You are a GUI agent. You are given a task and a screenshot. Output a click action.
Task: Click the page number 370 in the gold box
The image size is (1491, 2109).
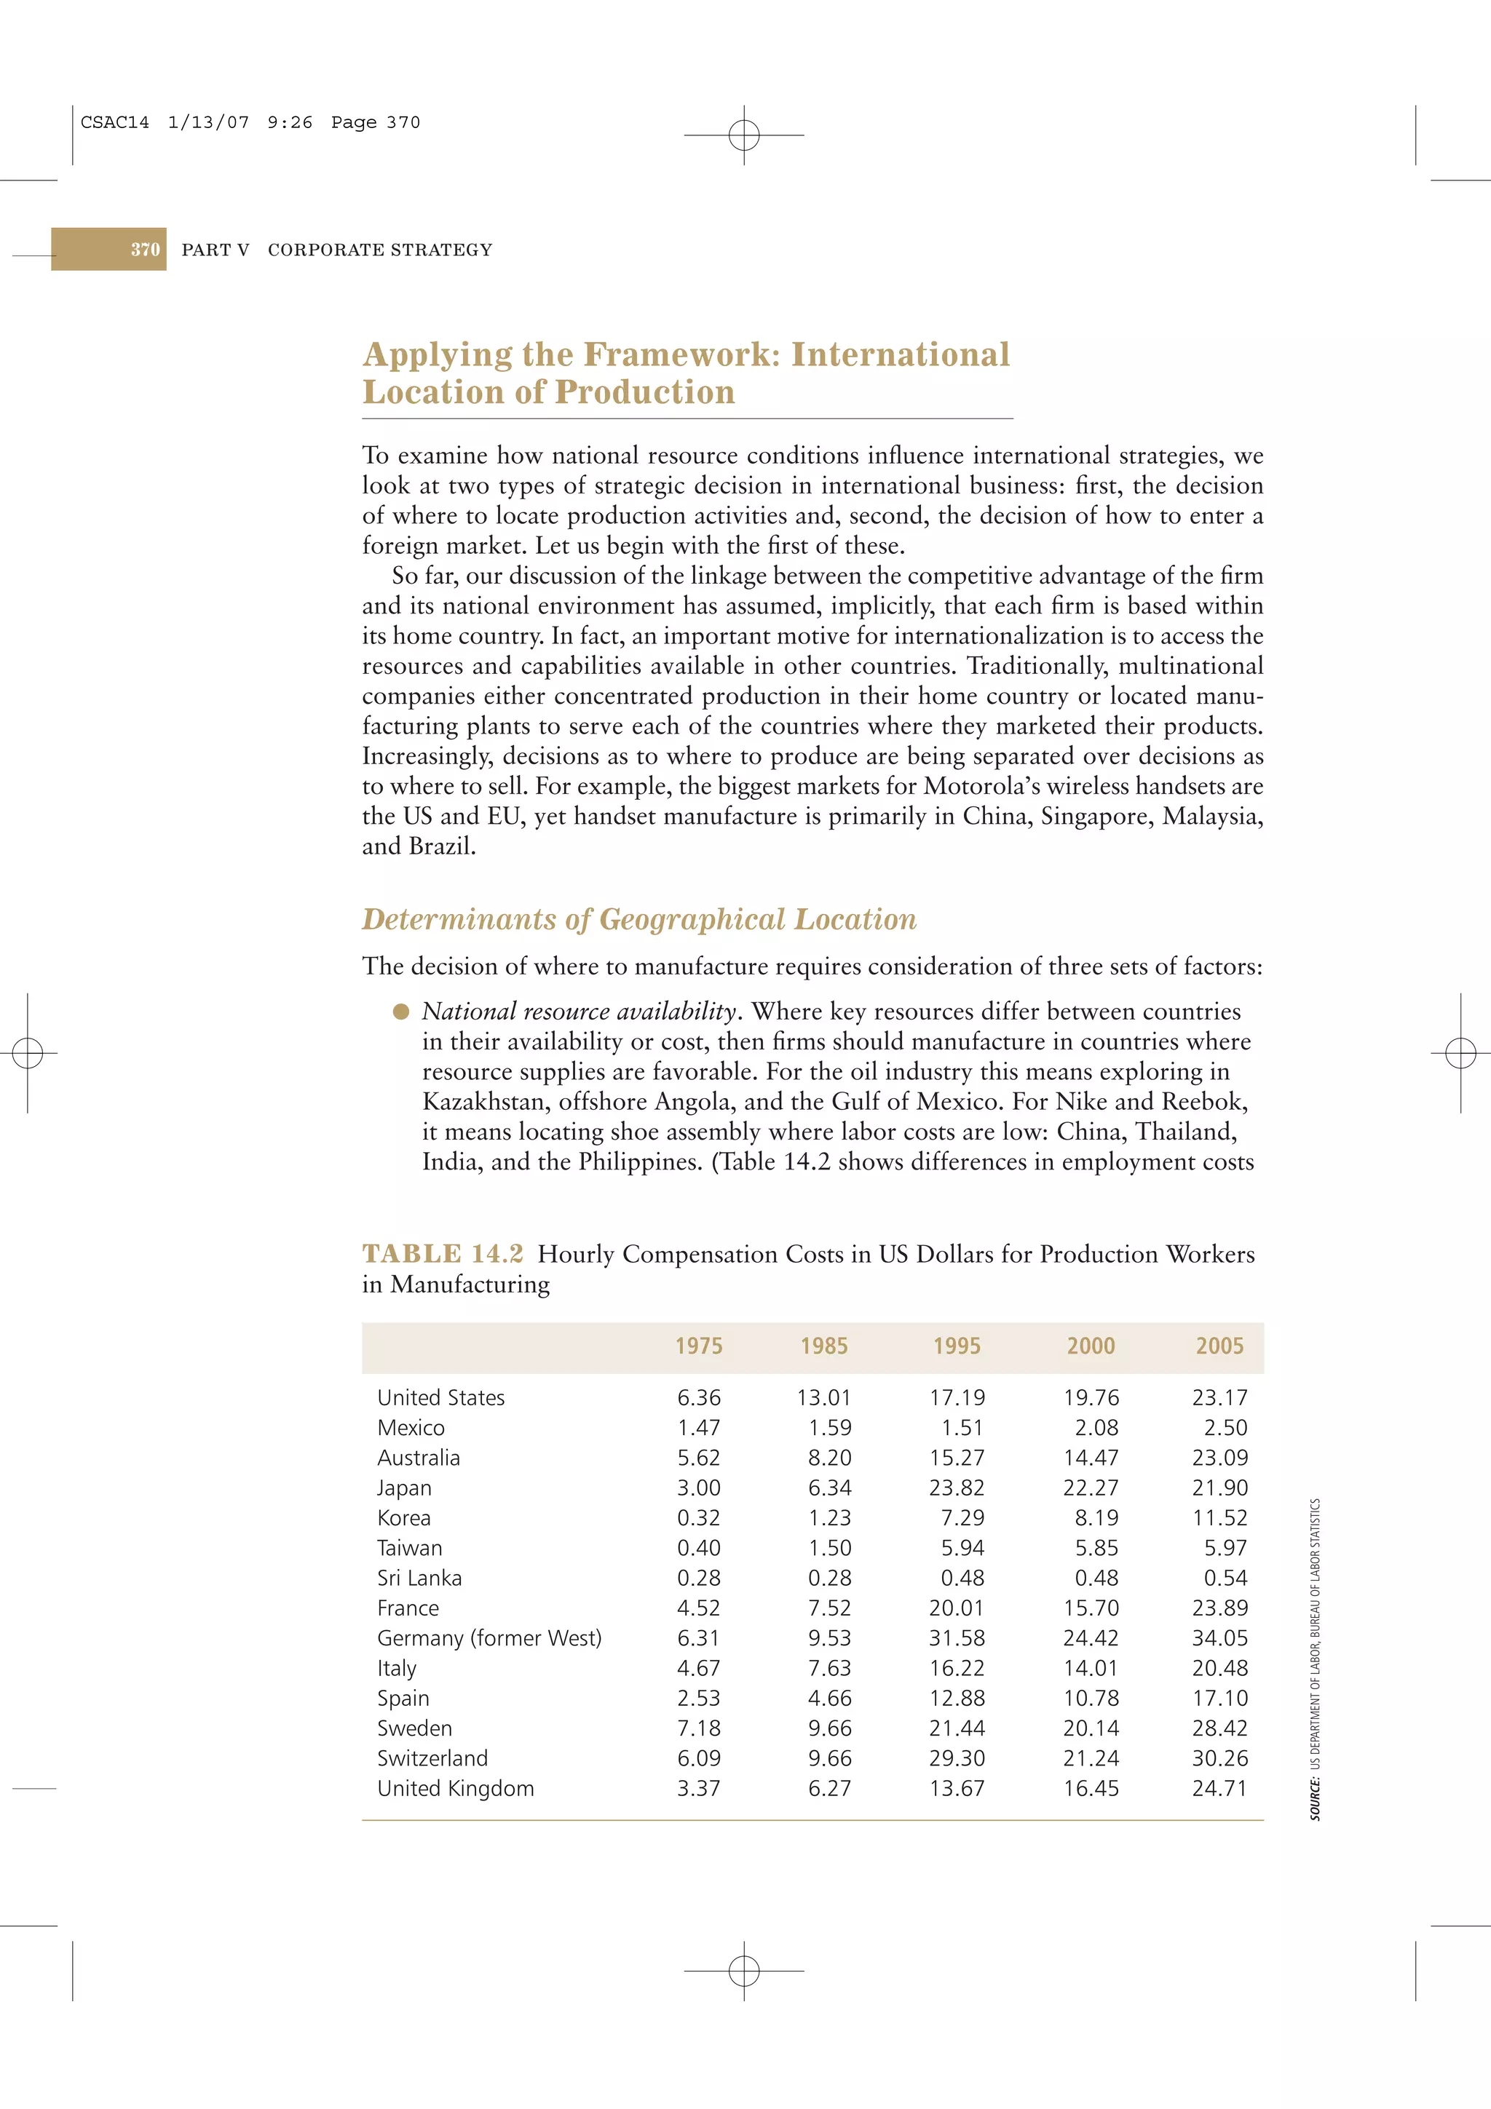pyautogui.click(x=145, y=249)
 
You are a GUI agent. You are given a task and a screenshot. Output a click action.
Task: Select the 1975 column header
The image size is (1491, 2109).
pyautogui.click(x=698, y=1346)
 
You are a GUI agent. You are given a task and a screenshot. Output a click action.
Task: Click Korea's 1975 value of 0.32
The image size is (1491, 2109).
pyautogui.click(x=698, y=1517)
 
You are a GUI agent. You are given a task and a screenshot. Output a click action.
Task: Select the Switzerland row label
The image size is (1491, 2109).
pyautogui.click(x=432, y=1758)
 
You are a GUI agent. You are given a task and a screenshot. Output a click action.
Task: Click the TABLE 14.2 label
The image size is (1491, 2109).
pyautogui.click(x=442, y=1254)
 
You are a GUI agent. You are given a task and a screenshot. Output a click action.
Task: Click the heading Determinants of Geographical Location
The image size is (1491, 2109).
pyautogui.click(x=638, y=919)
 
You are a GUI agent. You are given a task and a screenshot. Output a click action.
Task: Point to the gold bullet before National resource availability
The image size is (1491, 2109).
pyautogui.click(x=400, y=1012)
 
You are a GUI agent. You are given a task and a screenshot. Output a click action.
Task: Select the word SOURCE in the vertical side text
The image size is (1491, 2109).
pyautogui.click(x=1316, y=1800)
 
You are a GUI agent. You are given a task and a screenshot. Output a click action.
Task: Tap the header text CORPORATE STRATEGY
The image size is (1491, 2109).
pyautogui.click(x=379, y=250)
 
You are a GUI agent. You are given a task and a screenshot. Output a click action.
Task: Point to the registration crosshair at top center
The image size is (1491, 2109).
pyautogui.click(x=744, y=135)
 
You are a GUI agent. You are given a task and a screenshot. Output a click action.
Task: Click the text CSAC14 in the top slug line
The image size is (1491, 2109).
pyautogui.click(x=115, y=122)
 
